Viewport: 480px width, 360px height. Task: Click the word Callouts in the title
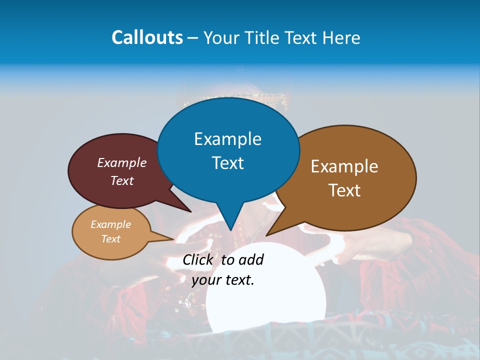click(x=147, y=37)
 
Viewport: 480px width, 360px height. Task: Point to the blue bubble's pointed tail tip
click(x=230, y=230)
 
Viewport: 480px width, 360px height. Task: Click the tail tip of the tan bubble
click(x=173, y=240)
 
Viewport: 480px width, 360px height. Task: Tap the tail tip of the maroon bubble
click(x=191, y=212)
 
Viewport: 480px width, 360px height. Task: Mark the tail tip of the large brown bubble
click(x=266, y=235)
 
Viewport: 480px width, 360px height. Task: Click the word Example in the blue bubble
click(x=227, y=139)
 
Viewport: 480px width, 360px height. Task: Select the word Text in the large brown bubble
click(x=344, y=190)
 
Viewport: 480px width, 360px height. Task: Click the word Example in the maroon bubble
click(x=121, y=162)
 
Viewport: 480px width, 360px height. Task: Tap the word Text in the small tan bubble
click(x=111, y=239)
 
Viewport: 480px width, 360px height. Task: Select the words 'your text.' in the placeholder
click(x=223, y=279)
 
